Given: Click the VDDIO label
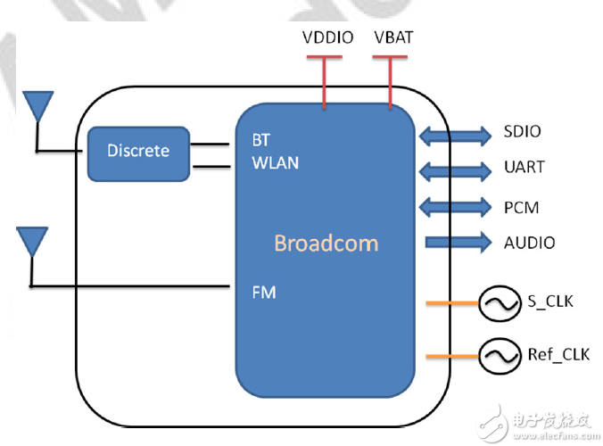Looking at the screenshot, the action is coord(327,37).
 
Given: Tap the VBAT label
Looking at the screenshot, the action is coord(393,37).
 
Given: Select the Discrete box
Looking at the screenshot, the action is coord(138,153).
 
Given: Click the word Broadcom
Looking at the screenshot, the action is coord(326,243).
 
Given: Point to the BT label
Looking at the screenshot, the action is coord(261,140).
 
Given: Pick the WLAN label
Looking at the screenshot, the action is coord(276,163).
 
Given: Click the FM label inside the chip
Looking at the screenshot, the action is coord(264,293).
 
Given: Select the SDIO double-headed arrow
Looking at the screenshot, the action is coord(455,136).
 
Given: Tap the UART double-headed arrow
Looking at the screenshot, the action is coord(455,171).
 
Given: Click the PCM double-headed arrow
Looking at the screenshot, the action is coord(455,207).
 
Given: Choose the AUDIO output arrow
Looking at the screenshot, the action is coord(458,243).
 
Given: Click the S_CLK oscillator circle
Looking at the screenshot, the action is coord(500,287).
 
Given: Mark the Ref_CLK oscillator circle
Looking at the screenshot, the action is coord(500,339).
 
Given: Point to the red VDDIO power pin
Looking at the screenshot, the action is coord(324,82).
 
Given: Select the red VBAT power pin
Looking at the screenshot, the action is coord(390,82).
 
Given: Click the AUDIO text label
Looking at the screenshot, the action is coord(530,243).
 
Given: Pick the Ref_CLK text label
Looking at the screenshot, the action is coord(558,354).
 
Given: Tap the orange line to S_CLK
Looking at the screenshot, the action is coord(452,303).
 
